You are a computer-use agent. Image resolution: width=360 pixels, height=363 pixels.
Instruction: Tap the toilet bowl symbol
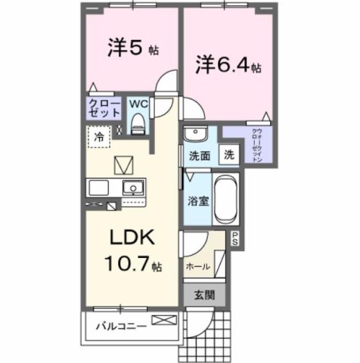(x=138, y=123)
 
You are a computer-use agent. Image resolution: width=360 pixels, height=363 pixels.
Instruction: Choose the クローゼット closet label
(x=104, y=107)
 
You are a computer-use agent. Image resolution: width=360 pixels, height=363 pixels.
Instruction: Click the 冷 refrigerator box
(x=99, y=137)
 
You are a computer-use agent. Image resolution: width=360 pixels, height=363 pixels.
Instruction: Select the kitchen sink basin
(x=133, y=188)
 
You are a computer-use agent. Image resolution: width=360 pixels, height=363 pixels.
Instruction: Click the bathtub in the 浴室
(x=225, y=199)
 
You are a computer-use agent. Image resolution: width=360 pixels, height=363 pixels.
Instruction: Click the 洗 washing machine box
(x=228, y=154)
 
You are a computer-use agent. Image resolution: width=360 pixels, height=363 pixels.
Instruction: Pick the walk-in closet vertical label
(x=256, y=146)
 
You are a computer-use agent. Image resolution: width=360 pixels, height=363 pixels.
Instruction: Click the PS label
(x=234, y=239)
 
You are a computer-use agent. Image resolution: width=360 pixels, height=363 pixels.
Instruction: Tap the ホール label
(x=198, y=267)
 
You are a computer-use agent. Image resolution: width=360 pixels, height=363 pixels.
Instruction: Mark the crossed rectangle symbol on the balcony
(x=162, y=321)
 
